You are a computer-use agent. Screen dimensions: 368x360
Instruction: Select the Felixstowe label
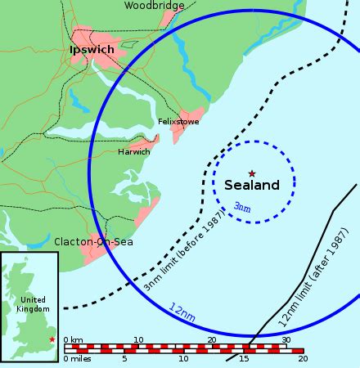pyautogui.click(x=179, y=123)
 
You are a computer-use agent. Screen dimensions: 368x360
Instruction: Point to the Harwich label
pyautogui.click(x=134, y=152)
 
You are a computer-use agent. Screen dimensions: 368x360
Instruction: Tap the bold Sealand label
pyautogui.click(x=252, y=186)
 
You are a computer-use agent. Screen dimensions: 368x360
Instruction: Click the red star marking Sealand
pyautogui.click(x=251, y=173)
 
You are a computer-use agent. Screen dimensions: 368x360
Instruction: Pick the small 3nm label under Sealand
pyautogui.click(x=242, y=207)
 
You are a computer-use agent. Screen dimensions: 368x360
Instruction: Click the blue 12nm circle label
pyautogui.click(x=183, y=312)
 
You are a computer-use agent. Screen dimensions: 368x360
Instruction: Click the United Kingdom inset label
pyautogui.click(x=33, y=304)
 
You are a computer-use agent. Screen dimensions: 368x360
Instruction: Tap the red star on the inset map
pyautogui.click(x=52, y=339)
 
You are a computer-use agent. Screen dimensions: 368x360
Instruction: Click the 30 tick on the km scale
pyautogui.click(x=286, y=339)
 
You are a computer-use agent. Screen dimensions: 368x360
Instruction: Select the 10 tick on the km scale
pyautogui.click(x=138, y=339)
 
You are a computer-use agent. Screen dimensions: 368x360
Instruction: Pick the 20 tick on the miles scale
pyautogui.click(x=303, y=358)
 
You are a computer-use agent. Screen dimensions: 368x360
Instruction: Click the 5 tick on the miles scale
pyautogui.click(x=124, y=358)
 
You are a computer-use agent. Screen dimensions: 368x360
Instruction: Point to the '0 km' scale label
pyautogui.click(x=73, y=339)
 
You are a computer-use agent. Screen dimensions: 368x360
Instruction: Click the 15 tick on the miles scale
pyautogui.click(x=243, y=358)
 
